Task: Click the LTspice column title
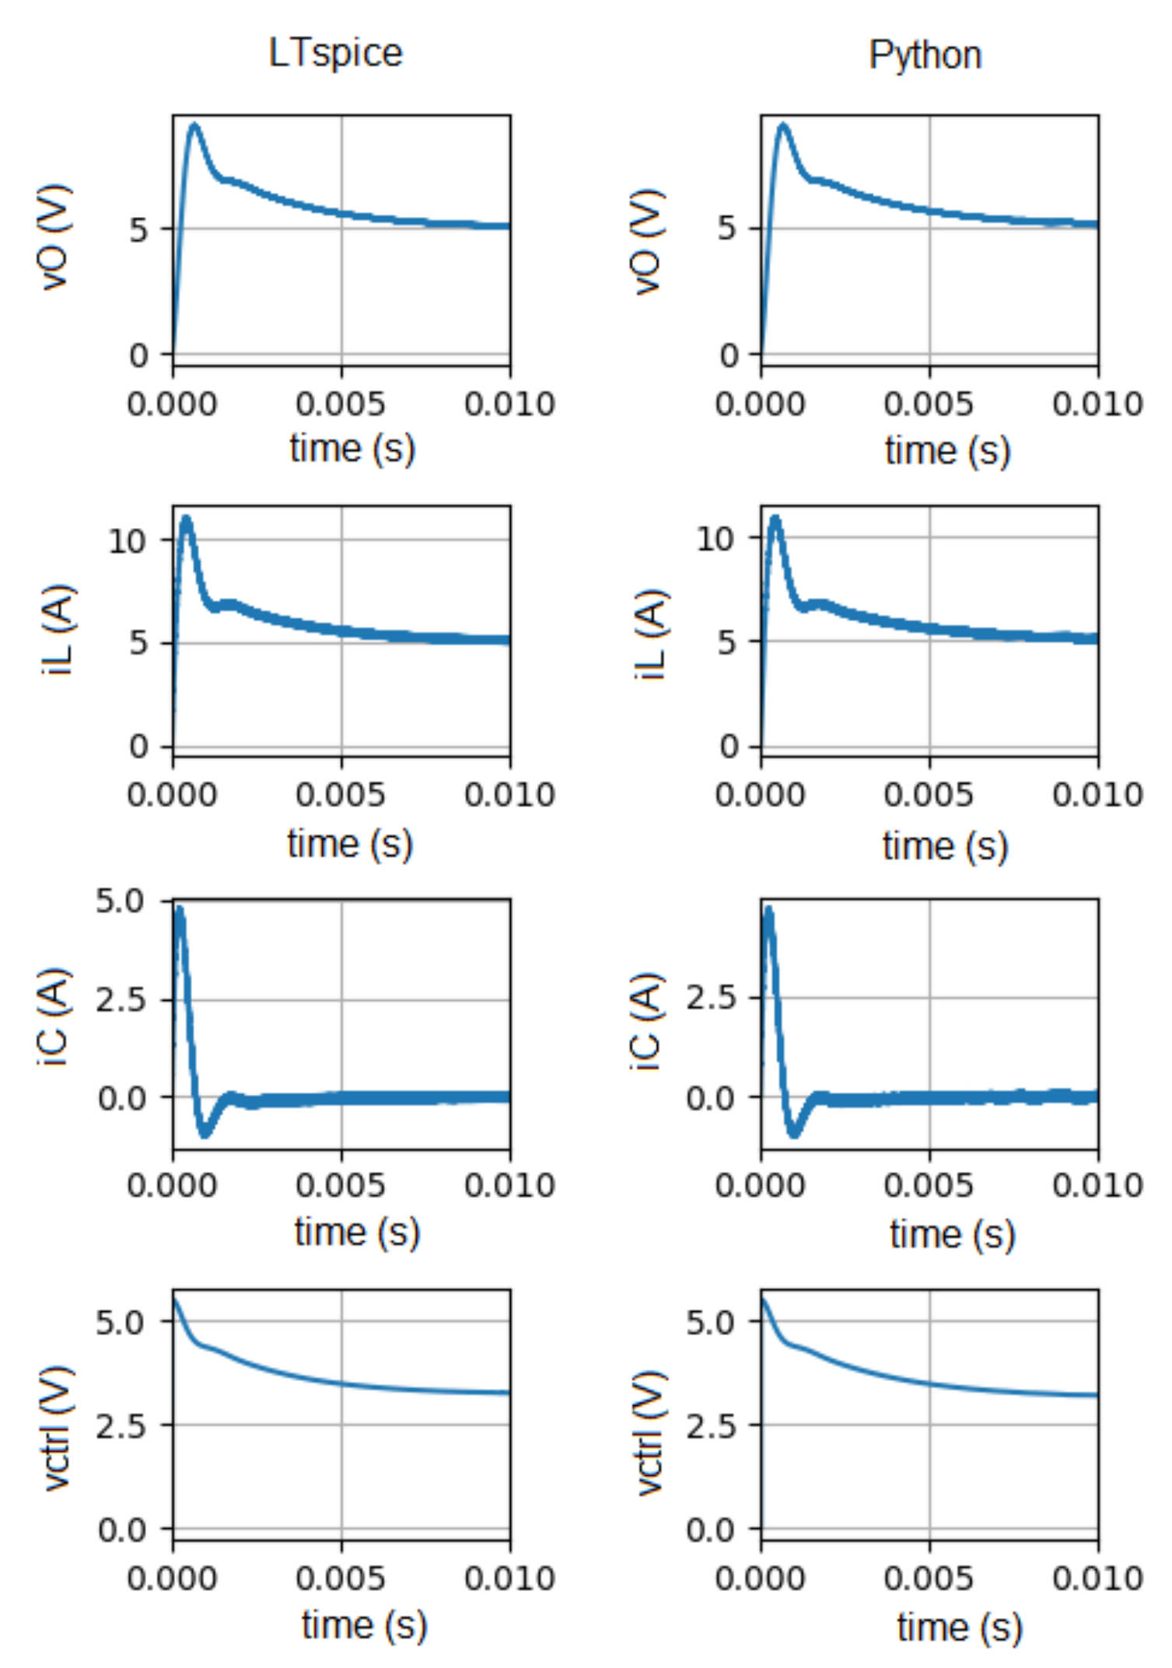coord(335,54)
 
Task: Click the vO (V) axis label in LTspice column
coord(55,237)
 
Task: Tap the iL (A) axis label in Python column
coord(650,634)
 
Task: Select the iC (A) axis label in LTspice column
coord(55,1017)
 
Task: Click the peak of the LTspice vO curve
coord(194,124)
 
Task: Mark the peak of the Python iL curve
coord(775,518)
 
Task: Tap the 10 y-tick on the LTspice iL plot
coord(128,540)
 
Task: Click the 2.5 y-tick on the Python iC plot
coord(710,998)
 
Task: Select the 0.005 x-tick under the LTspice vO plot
coord(340,404)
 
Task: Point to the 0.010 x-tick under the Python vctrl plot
coord(1097,1578)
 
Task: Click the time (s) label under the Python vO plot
coord(947,450)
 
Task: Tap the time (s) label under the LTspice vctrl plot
coord(364,1624)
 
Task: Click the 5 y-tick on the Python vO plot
coord(726,229)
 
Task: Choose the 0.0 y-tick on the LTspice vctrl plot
coord(121,1530)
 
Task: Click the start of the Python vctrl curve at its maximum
coord(763,1299)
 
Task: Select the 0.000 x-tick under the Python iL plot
coord(760,795)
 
